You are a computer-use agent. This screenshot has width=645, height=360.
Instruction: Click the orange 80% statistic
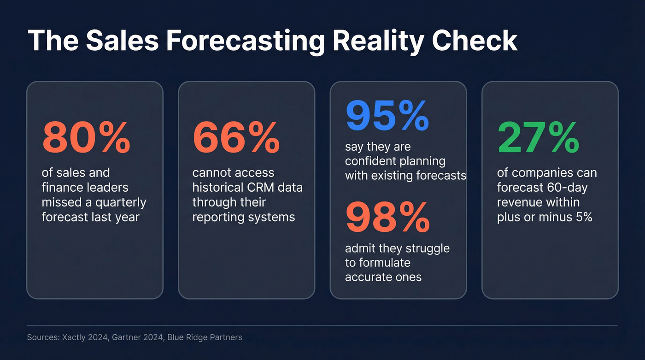86,138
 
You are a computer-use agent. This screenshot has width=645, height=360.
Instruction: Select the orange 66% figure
236,138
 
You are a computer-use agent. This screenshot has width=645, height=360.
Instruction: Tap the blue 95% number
387,116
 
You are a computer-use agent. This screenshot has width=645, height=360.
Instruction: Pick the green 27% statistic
538,138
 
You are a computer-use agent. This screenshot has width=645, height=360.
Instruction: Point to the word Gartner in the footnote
129,337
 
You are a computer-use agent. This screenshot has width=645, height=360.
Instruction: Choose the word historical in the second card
219,188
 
